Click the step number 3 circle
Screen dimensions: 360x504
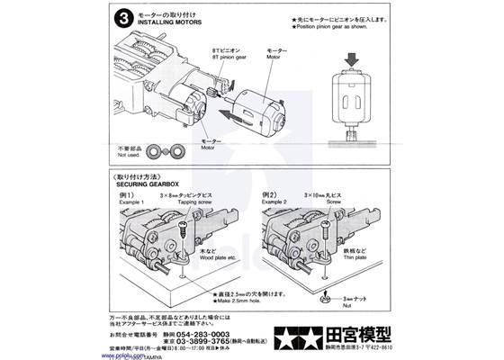coord(121,17)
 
